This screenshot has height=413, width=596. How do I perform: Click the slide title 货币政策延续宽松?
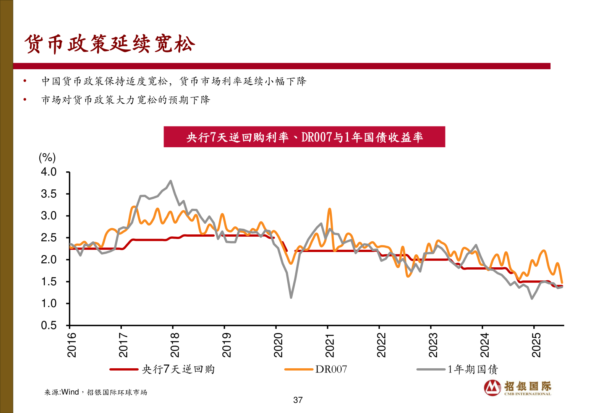click(x=110, y=44)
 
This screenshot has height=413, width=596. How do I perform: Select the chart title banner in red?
click(x=304, y=137)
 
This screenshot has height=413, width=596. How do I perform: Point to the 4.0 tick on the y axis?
click(x=49, y=172)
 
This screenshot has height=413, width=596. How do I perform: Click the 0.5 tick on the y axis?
click(x=49, y=325)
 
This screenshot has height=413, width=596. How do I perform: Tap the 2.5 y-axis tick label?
click(x=49, y=238)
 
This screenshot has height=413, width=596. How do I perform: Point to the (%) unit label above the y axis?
click(x=47, y=157)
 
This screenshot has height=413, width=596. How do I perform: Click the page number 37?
click(x=298, y=400)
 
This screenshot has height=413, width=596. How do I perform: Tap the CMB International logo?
click(x=518, y=388)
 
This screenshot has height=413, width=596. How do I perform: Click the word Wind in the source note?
click(x=70, y=392)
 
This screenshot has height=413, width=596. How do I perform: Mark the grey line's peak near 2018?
click(x=170, y=181)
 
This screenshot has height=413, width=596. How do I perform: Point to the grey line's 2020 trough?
click(x=291, y=298)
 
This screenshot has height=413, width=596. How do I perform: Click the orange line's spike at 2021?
click(x=329, y=209)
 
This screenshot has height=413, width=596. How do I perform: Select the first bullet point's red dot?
click(x=25, y=81)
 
